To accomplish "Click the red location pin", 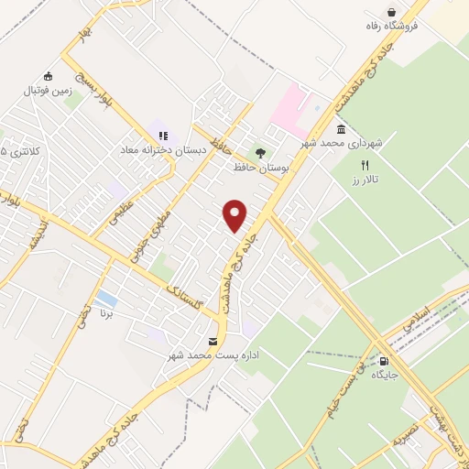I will click(235, 216).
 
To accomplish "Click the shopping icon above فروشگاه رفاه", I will click(393, 12).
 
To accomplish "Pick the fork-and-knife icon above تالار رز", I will click(365, 166).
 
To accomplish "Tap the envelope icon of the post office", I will click(213, 341).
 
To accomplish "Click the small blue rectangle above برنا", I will click(106, 299).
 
